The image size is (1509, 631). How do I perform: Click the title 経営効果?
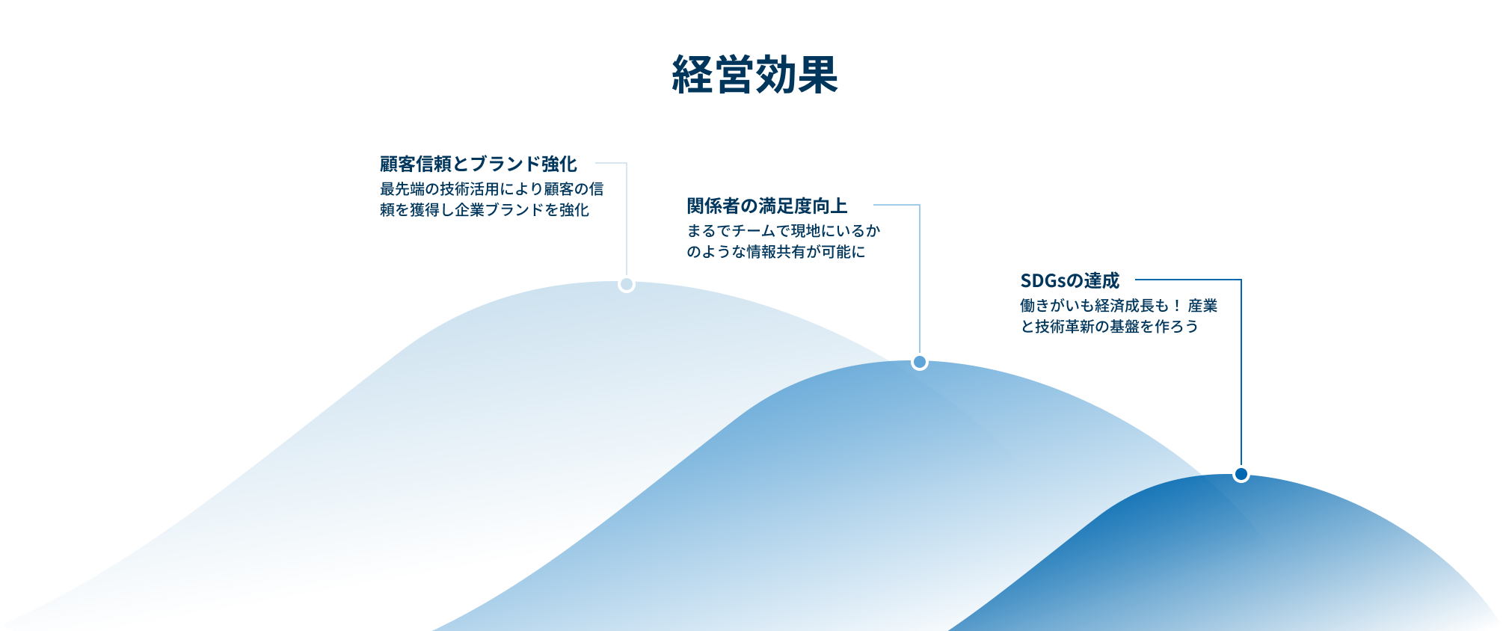pos(754,75)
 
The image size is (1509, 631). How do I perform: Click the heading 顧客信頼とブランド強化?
pos(479,164)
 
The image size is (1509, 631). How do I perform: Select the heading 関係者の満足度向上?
pos(767,206)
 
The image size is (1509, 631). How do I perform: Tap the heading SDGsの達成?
pos(1070,280)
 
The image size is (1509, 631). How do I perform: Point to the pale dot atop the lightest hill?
pos(627,284)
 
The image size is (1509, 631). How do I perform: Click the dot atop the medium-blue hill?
pos(920,362)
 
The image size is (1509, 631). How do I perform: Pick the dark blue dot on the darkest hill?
pos(1241,474)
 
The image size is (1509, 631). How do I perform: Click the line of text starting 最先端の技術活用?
pos(492,189)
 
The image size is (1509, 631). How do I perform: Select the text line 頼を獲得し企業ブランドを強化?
pos(485,210)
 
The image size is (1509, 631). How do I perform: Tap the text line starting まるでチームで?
pos(784,231)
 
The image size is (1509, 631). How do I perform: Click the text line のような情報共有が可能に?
pos(776,252)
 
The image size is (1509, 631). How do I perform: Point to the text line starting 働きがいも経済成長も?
pos(1119,306)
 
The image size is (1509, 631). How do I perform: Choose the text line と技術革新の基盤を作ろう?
pos(1110,327)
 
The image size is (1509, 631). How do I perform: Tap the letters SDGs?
pos(1043,280)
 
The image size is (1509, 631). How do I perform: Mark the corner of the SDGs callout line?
pos(1241,280)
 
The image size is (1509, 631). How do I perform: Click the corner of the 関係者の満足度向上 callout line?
pos(920,205)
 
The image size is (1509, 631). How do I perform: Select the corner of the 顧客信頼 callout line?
pos(627,163)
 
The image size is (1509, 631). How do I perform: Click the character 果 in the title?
pos(818,75)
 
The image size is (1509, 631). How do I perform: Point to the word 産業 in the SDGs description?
pos(1202,306)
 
